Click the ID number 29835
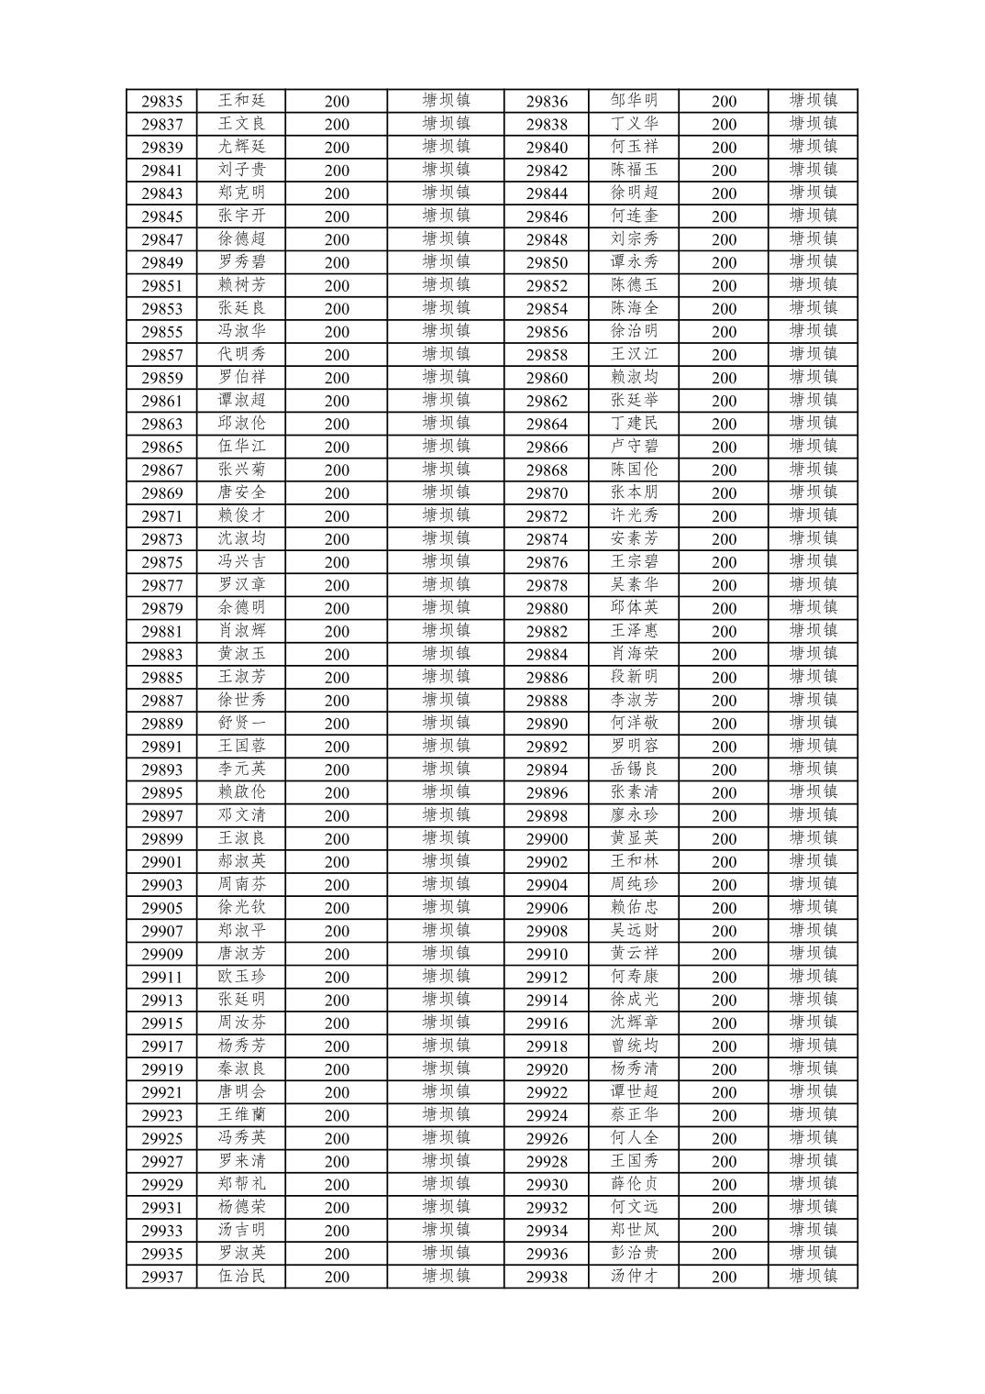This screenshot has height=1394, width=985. (x=161, y=102)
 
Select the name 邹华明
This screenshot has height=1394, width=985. (x=634, y=101)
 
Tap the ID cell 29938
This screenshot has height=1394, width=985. (x=547, y=1277)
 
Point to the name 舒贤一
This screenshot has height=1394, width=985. (x=241, y=723)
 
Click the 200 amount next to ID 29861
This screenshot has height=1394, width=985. (x=337, y=401)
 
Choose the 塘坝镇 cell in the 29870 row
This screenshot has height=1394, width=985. (x=813, y=492)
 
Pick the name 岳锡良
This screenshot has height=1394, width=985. (x=634, y=769)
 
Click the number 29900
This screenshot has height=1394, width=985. (x=547, y=839)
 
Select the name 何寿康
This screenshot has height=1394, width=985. (x=634, y=977)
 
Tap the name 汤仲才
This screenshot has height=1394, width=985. (x=634, y=1276)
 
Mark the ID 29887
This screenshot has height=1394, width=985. (x=161, y=701)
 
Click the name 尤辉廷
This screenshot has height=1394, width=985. (x=241, y=147)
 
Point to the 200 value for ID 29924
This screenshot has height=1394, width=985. (x=724, y=1115)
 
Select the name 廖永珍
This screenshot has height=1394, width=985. (x=634, y=814)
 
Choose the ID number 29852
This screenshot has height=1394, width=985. (x=547, y=286)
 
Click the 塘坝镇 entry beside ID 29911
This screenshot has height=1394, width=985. (x=446, y=977)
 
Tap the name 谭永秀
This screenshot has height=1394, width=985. (x=634, y=261)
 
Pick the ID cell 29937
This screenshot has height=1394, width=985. (x=161, y=1277)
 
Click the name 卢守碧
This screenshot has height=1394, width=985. (x=634, y=447)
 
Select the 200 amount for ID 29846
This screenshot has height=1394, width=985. (x=724, y=216)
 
